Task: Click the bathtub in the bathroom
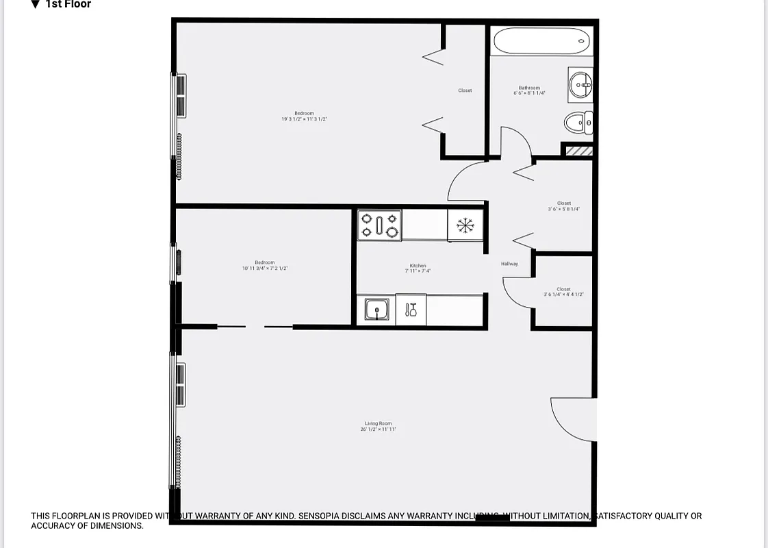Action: tap(541, 41)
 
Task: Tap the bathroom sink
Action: tap(580, 86)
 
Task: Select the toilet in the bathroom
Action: tap(578, 123)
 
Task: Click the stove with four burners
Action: tap(379, 225)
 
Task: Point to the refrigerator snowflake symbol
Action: tap(465, 225)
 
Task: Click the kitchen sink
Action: tap(376, 310)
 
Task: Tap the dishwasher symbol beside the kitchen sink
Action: tap(411, 310)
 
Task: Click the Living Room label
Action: tap(379, 423)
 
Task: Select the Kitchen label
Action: tap(418, 266)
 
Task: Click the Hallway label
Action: tap(509, 264)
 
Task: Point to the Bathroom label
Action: tap(529, 88)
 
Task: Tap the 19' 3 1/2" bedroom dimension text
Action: tap(304, 119)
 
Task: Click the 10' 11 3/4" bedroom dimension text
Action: tap(265, 269)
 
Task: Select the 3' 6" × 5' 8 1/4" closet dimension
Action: tap(563, 209)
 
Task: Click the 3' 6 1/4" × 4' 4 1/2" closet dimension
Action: tap(563, 295)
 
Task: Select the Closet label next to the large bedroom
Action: tap(465, 90)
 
